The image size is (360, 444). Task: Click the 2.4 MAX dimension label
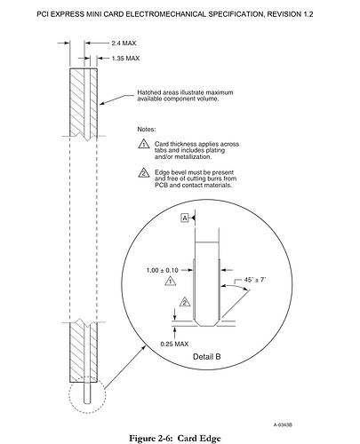[x=124, y=44]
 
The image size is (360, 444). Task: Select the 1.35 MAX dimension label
[x=125, y=59]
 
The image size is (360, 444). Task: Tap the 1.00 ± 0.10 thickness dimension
[x=163, y=270]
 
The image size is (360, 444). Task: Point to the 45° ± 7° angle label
[x=255, y=280]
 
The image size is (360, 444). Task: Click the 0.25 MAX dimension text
[x=174, y=344]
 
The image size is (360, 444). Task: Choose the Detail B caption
[x=207, y=357]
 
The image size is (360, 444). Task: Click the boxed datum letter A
[x=185, y=218]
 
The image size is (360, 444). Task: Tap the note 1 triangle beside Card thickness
[x=144, y=144]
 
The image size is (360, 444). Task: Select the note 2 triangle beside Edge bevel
[x=144, y=172]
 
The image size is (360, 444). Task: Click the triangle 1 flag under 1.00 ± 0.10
[x=170, y=281]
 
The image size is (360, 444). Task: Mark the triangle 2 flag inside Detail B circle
[x=185, y=302]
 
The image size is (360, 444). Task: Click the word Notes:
[x=147, y=130]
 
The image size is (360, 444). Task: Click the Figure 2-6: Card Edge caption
[x=175, y=438]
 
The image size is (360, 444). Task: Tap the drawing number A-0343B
[x=283, y=424]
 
